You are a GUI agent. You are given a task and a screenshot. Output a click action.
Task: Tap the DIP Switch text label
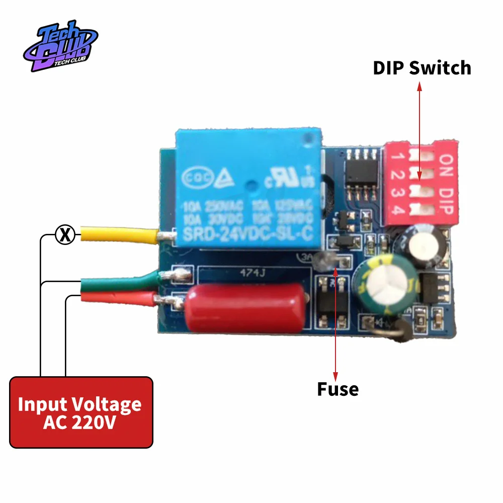[422, 68]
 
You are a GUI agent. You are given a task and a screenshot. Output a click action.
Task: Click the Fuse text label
[338, 389]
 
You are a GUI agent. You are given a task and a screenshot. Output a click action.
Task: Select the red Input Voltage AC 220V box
[81, 412]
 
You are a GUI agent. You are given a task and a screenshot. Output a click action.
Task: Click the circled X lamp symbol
[64, 235]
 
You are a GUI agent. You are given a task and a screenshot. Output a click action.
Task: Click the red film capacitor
[246, 307]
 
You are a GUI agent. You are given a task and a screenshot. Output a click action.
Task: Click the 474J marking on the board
[246, 274]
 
